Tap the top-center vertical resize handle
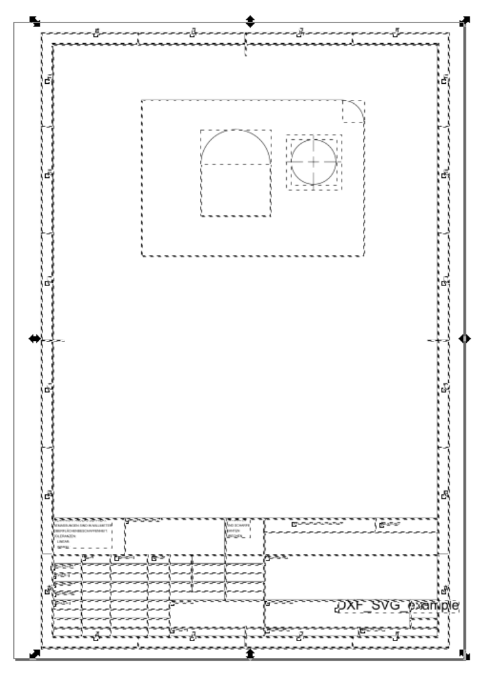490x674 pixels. click(250, 21)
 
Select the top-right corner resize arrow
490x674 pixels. click(464, 21)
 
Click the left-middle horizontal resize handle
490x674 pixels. click(35, 338)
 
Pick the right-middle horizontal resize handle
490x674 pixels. click(465, 338)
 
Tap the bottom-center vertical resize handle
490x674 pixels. click(250, 655)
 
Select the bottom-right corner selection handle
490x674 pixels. click(464, 655)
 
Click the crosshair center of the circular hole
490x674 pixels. click(314, 161)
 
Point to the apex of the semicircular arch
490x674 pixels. click(235, 130)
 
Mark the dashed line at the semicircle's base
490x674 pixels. click(235, 164)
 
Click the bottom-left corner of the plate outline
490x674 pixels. click(142, 256)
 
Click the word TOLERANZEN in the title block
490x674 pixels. click(64, 534)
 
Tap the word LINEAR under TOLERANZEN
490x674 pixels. click(63, 540)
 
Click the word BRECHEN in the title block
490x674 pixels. click(233, 535)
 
